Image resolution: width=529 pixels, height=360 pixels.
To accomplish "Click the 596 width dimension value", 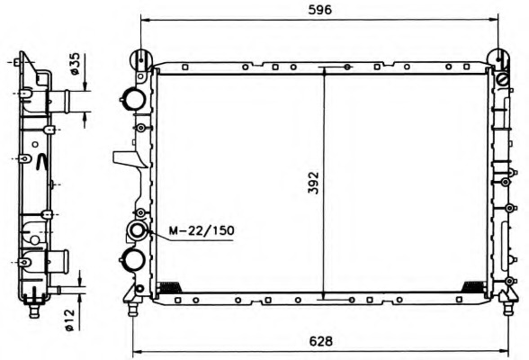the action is coord(320,10).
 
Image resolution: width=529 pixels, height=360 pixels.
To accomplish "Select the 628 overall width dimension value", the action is coord(320,341).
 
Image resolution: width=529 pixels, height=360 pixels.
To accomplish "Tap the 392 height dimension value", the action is coord(314,183).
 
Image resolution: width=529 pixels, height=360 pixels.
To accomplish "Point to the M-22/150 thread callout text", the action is coord(202,230).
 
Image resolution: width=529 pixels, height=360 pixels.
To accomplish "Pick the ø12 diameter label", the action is coord(68,319).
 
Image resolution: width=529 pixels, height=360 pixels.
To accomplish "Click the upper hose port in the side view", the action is coord(59,101).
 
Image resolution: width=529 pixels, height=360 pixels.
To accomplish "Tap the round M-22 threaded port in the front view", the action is coord(137,230).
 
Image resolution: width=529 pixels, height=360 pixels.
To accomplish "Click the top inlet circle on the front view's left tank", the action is coord(134,98).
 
